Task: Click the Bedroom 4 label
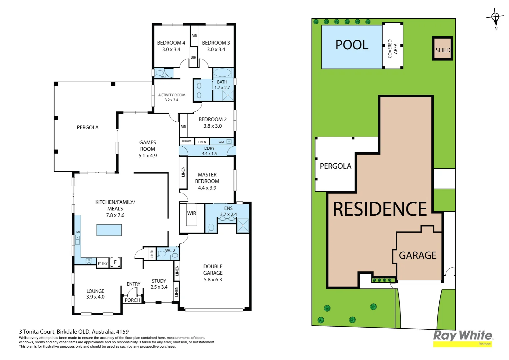pos(171,43)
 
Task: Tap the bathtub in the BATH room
pos(222,73)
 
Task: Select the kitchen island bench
pos(109,230)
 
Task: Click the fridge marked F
pos(115,262)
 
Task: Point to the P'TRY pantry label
pos(103,263)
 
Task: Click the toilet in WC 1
pos(160,73)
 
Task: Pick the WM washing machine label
pos(221,142)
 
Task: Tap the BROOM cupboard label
pos(187,141)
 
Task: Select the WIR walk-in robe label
pos(192,213)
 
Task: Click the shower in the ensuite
pos(243,225)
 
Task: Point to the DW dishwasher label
pos(78,232)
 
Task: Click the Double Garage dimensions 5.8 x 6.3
pos(213,280)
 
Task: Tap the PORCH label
pos(132,300)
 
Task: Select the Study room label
pos(159,281)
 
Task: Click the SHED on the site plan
pos(443,49)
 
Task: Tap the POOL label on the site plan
pos(352,45)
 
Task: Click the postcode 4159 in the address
pos(122,332)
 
